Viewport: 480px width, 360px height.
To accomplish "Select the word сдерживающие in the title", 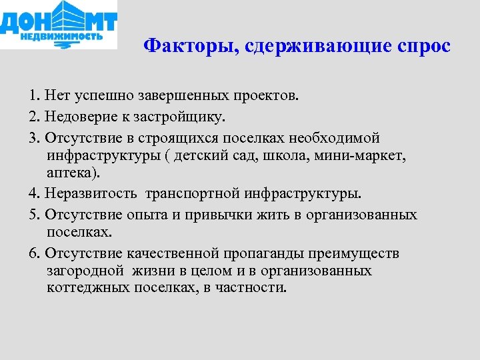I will pyautogui.click(x=312, y=47).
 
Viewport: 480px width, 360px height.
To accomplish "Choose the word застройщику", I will pyautogui.click(x=173, y=117).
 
